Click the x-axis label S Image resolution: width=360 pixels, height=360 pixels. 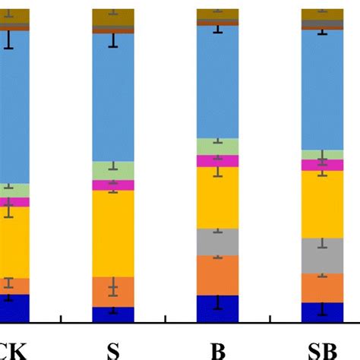112,351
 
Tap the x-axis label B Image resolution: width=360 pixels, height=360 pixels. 218,351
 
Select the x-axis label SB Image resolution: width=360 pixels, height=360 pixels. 323,351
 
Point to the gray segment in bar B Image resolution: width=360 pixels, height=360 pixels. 218,242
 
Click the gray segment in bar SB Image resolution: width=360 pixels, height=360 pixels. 323,255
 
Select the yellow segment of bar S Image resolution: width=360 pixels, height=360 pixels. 112,233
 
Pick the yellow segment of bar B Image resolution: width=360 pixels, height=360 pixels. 218,197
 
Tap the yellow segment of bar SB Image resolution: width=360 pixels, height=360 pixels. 323,204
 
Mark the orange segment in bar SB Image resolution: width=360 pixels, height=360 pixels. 323,288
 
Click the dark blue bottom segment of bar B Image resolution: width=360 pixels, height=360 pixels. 218,308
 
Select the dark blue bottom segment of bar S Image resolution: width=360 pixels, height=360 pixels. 112,314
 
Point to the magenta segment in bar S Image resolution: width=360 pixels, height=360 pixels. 112,185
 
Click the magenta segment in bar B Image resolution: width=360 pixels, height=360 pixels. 218,161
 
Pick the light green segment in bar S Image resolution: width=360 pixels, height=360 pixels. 112,171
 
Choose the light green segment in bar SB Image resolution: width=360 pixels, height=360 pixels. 323,154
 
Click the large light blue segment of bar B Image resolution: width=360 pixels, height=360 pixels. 218,82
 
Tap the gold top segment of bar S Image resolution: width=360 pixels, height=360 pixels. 112,17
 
